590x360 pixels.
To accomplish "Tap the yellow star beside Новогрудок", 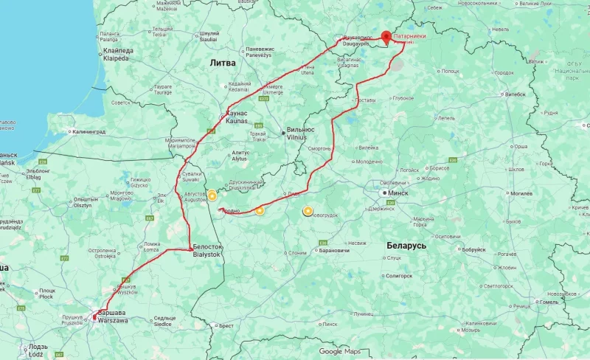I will (x=308, y=212).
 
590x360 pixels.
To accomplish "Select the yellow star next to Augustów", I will (x=212, y=195).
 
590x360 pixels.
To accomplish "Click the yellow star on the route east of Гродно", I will (x=260, y=211).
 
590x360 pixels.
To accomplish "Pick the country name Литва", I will (x=223, y=63).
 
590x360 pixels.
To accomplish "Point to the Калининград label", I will (x=88, y=132).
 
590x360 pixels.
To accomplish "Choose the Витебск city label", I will (x=515, y=94).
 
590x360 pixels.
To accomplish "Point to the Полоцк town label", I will (x=450, y=71).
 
